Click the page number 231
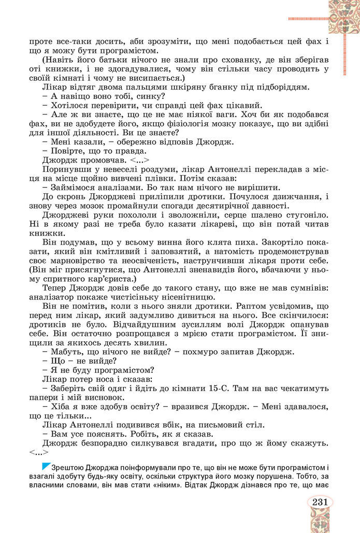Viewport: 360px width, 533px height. (320, 501)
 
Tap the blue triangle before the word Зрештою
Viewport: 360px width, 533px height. (46, 466)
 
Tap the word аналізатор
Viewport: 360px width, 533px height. (51, 297)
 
